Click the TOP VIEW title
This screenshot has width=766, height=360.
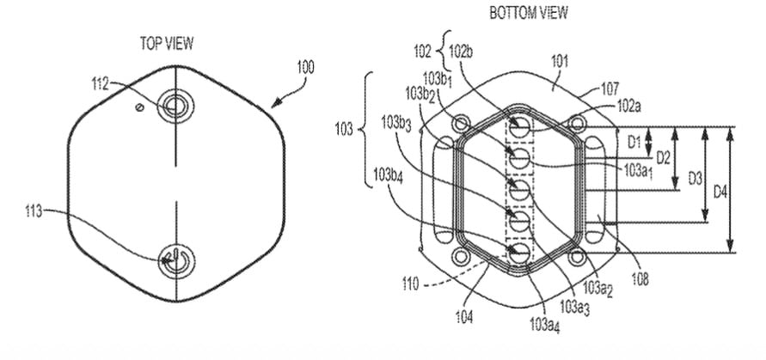(167, 44)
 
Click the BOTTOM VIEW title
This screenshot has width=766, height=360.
(529, 13)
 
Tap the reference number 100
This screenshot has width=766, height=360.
(305, 67)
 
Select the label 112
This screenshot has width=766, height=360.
(100, 84)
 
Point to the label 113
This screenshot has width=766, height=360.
(34, 211)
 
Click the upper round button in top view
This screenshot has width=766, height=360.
(175, 106)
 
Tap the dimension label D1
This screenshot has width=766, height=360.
(634, 142)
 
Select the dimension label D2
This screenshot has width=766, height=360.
(663, 158)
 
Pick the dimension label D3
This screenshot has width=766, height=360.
(695, 179)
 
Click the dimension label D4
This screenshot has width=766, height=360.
(720, 192)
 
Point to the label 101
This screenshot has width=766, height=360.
(560, 62)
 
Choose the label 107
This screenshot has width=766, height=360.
(610, 88)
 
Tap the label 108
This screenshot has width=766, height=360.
(640, 279)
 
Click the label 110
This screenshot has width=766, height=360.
(411, 284)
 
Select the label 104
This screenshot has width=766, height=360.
(464, 318)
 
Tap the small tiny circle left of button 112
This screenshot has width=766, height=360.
(140, 107)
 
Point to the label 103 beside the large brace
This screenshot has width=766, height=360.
(343, 130)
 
